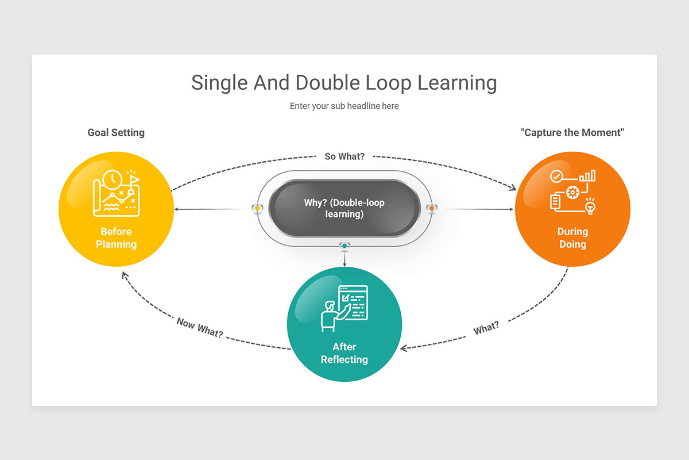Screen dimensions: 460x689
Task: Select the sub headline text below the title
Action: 344,106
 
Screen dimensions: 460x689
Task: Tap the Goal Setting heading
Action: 116,133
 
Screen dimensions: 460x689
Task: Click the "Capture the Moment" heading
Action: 572,133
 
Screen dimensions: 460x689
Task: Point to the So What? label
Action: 344,156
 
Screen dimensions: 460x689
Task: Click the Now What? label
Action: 200,327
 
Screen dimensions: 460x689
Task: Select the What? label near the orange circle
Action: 486,328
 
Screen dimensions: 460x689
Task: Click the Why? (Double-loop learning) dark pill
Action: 344,208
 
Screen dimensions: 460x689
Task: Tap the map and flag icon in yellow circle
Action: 117,194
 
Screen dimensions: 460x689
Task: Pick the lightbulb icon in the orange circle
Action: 590,205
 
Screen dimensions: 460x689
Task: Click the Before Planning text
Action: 116,238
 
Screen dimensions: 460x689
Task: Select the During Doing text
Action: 572,238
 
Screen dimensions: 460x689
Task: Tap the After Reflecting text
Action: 344,353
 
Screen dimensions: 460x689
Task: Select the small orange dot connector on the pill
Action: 431,208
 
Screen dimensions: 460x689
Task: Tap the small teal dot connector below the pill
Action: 344,246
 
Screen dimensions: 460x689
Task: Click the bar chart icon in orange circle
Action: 587,175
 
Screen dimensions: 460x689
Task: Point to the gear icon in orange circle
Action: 572,192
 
